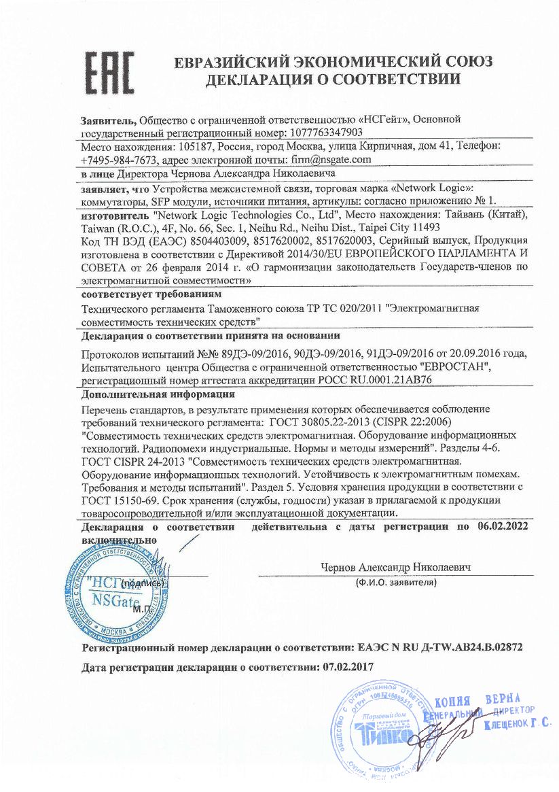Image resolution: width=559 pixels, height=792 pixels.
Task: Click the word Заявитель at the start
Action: [x=107, y=119]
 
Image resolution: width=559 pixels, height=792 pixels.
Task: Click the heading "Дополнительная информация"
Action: [x=158, y=394]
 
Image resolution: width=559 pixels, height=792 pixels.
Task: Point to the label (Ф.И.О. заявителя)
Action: [x=395, y=583]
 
